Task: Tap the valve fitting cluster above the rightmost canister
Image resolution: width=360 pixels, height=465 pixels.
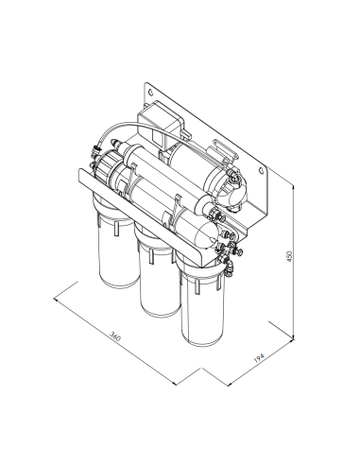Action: tap(228, 250)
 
